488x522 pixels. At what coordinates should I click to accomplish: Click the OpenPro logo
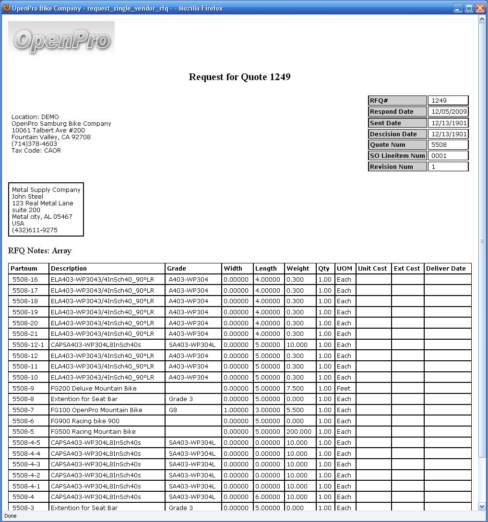[x=61, y=38]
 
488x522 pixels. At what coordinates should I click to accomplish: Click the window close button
[x=479, y=8]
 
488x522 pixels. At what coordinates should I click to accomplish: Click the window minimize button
[x=458, y=8]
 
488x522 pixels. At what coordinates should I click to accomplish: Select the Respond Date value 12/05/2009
[x=448, y=112]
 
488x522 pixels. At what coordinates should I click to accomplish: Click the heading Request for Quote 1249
[x=239, y=77]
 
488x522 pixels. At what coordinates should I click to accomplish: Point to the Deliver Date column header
[x=446, y=269]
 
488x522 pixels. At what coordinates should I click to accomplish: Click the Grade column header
[x=177, y=269]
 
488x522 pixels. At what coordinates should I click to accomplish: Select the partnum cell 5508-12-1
[x=28, y=345]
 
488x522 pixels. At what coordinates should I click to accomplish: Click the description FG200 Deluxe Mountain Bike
[x=94, y=389]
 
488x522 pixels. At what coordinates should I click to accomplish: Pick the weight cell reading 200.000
[x=299, y=432]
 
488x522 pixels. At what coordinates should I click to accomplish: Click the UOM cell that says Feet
[x=344, y=389]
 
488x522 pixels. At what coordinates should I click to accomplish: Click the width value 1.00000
[x=236, y=410]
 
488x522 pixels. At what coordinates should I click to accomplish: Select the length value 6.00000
[x=268, y=497]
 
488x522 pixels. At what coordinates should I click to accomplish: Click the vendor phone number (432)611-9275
[x=35, y=230]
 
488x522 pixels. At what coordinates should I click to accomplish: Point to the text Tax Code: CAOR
[x=36, y=151]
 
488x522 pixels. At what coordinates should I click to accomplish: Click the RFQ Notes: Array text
[x=40, y=251]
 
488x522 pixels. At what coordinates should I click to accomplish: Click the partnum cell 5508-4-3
[x=26, y=464]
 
